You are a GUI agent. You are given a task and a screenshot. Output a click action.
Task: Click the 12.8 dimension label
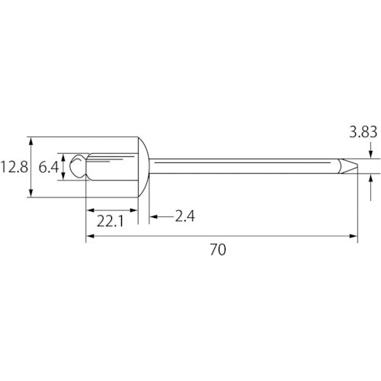click(14, 168)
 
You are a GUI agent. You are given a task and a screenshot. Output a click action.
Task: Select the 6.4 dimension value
click(49, 168)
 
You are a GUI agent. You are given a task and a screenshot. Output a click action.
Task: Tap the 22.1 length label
click(110, 221)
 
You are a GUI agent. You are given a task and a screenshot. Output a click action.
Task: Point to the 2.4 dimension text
click(185, 216)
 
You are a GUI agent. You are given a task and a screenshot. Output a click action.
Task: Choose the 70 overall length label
click(218, 249)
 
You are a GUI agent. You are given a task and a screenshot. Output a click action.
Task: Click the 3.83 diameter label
click(363, 132)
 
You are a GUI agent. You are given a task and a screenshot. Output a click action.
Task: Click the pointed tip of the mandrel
click(357, 166)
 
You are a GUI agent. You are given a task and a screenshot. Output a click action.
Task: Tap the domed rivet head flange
click(144, 167)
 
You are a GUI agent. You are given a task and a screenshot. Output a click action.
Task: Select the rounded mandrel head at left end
click(78, 166)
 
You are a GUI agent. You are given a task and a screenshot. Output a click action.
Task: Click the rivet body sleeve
click(112, 167)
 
